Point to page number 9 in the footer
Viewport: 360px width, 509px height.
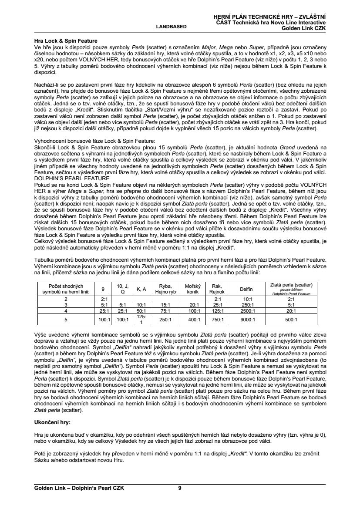[180, 488]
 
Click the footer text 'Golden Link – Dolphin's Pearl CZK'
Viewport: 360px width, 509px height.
[79, 488]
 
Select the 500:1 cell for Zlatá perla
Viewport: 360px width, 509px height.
[291, 319]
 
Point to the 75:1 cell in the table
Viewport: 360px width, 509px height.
[165, 310]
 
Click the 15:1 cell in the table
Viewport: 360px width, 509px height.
[165, 305]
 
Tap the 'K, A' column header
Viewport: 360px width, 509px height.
[141, 289]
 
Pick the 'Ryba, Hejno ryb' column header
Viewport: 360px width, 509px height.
[165, 289]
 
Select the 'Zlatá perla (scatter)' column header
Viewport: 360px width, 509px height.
[291, 289]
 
